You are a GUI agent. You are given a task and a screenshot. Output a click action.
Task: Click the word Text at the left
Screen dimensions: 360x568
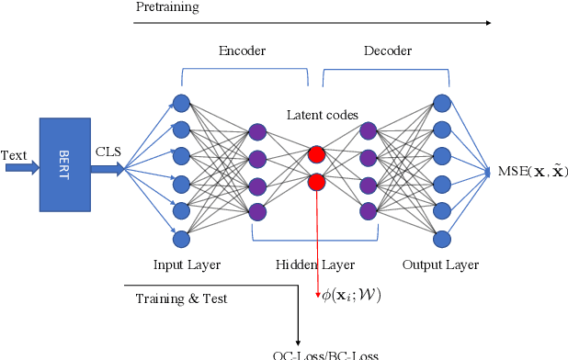tap(16, 155)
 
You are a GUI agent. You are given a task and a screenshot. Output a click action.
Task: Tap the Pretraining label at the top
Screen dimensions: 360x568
tap(166, 7)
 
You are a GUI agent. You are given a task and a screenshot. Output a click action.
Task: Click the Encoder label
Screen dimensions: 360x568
tap(242, 51)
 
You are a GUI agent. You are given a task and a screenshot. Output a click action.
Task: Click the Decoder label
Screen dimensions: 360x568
tap(387, 51)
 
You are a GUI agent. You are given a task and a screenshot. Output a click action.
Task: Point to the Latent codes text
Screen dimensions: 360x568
tap(322, 115)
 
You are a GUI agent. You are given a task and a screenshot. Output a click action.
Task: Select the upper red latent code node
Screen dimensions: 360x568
tap(317, 154)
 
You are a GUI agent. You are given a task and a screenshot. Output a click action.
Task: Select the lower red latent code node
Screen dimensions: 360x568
tap(317, 182)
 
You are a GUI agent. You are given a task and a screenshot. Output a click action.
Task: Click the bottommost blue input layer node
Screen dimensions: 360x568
tap(181, 239)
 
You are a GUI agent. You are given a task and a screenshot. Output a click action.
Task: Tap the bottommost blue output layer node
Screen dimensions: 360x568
tap(442, 239)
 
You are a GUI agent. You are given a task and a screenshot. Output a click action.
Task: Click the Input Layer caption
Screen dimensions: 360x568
tap(187, 265)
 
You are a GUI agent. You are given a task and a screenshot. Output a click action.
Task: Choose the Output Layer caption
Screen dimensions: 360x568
tap(440, 265)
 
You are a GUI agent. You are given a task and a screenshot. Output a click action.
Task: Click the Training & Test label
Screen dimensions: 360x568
tap(181, 298)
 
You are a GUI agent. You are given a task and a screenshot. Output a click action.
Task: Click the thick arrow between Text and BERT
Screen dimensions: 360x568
tap(22, 168)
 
